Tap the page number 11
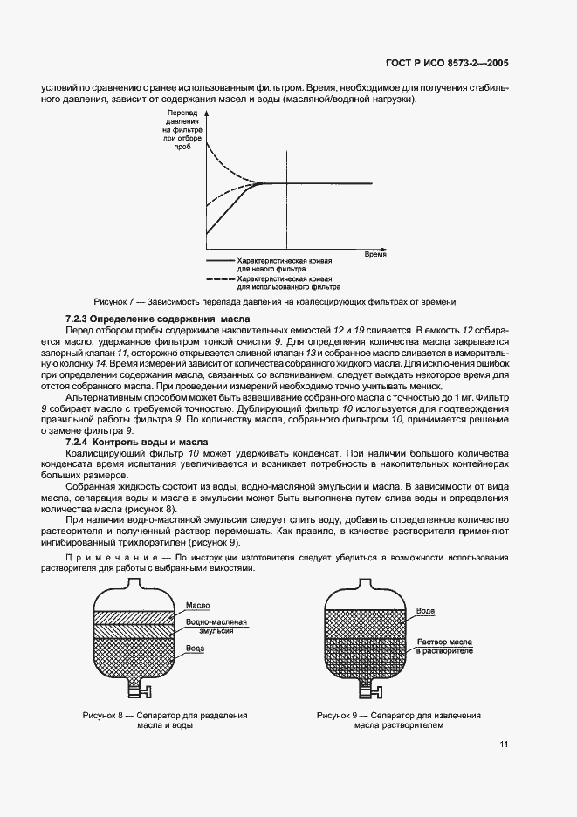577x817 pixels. [505, 745]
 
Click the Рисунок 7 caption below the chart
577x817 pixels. [275, 301]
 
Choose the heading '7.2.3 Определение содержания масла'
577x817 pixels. [157, 319]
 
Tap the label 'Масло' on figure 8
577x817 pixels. [197, 604]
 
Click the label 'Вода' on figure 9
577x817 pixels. [425, 612]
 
